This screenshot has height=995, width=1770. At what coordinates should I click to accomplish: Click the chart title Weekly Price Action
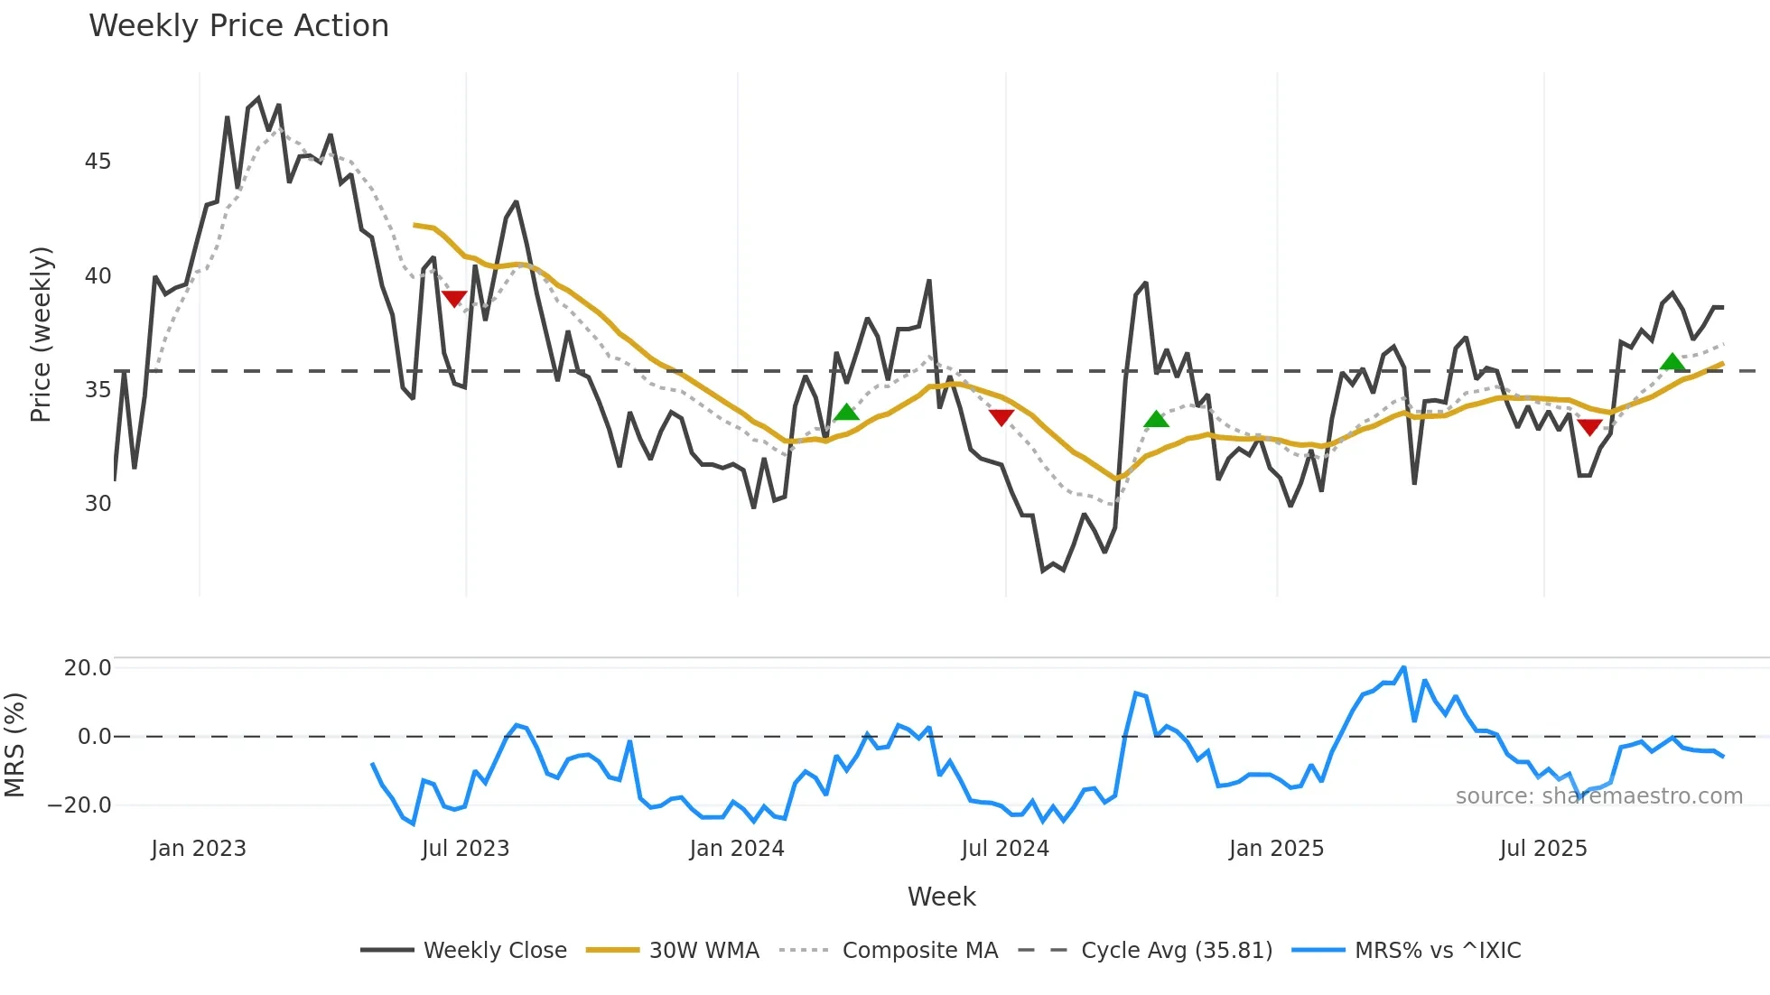click(x=238, y=26)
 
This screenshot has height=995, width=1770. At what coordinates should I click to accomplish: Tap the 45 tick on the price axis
click(x=98, y=162)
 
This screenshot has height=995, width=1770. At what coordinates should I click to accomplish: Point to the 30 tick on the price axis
click(x=98, y=504)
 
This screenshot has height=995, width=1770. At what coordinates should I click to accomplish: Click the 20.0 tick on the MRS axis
click(x=88, y=668)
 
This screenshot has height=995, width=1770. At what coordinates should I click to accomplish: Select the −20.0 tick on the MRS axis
click(x=80, y=804)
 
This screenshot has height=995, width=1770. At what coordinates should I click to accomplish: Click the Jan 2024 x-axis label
click(x=736, y=849)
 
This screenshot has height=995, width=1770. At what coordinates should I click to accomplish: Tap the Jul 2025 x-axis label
click(x=1542, y=849)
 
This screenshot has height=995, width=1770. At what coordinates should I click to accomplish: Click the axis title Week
click(x=941, y=897)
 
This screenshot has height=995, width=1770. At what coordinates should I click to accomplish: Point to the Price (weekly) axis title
click(x=41, y=334)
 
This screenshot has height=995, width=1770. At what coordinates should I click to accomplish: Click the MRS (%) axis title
click(x=14, y=745)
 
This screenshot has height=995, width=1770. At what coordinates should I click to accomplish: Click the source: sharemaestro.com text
click(x=1598, y=796)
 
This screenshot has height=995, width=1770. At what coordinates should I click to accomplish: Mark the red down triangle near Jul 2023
click(x=454, y=299)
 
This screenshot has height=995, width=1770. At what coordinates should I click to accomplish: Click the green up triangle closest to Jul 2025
click(x=1672, y=362)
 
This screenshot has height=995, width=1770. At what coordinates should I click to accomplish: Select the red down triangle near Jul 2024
click(x=1001, y=417)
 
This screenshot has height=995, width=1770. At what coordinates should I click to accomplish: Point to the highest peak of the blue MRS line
click(x=1403, y=668)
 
